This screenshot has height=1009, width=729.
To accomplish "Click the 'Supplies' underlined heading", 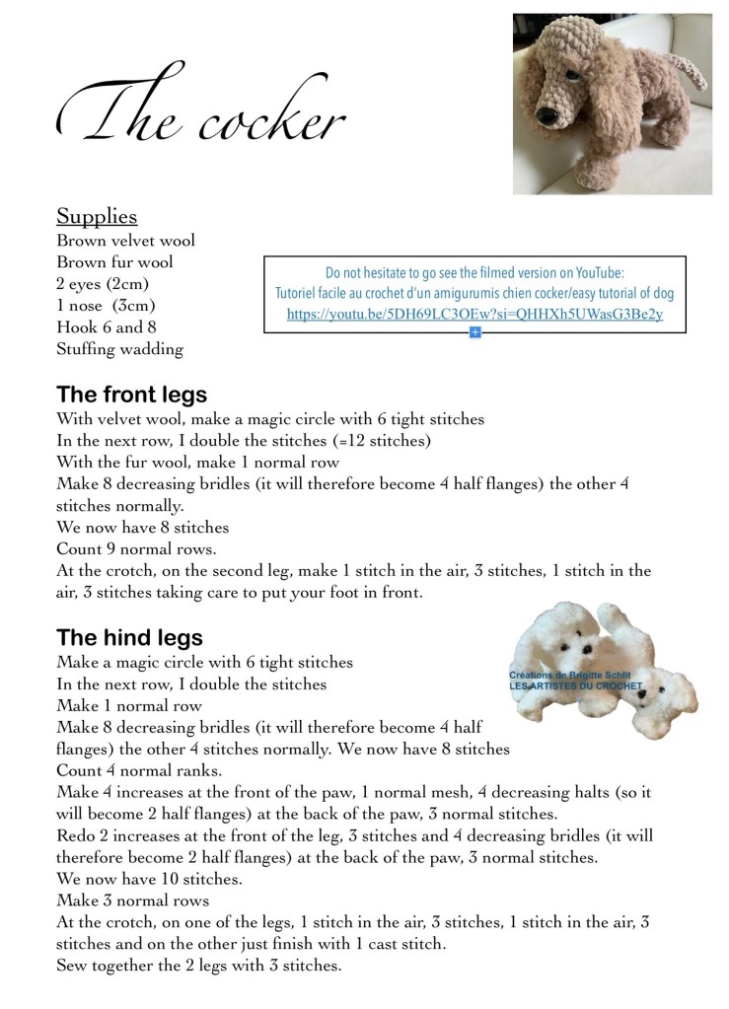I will (97, 216).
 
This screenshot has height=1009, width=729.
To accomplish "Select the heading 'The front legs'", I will (131, 395).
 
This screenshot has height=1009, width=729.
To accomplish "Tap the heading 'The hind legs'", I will (129, 637).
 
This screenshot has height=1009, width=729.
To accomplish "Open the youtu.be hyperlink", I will (474, 315).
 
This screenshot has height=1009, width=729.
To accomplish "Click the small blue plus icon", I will (474, 333).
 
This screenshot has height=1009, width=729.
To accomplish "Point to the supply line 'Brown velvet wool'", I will (125, 241).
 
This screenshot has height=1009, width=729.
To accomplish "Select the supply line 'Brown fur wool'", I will (114, 262).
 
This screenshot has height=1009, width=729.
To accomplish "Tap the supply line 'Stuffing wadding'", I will (119, 349).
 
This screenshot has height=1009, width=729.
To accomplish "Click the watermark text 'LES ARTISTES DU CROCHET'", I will (575, 685).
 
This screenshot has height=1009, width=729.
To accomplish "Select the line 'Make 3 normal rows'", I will (132, 901).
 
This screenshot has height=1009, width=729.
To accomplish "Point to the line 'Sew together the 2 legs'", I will (198, 966).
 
